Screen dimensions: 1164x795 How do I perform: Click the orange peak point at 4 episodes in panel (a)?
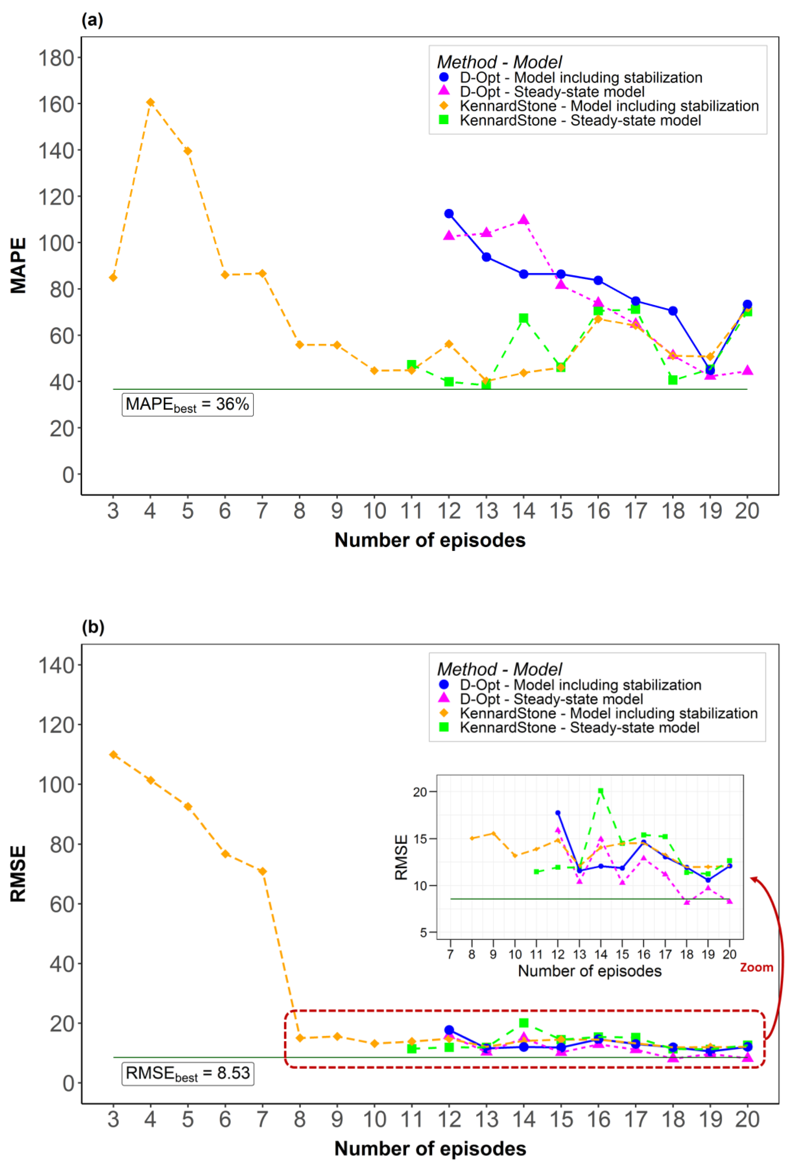pos(150,102)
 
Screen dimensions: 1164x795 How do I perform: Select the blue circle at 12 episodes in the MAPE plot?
pos(449,214)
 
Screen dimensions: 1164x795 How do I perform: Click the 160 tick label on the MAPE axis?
pos(56,105)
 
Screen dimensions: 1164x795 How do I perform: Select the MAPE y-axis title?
pos(18,265)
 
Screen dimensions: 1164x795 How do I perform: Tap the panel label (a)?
pos(92,20)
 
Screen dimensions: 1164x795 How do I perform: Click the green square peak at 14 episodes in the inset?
pos(601,791)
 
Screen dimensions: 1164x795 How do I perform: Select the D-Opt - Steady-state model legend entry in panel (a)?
pos(551,92)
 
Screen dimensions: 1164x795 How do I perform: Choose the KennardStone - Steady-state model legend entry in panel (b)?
pos(579,727)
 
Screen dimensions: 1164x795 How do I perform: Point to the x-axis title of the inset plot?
pos(590,971)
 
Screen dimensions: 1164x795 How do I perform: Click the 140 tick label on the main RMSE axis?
pos(56,666)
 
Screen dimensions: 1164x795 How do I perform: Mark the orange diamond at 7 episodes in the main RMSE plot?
pos(262,872)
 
